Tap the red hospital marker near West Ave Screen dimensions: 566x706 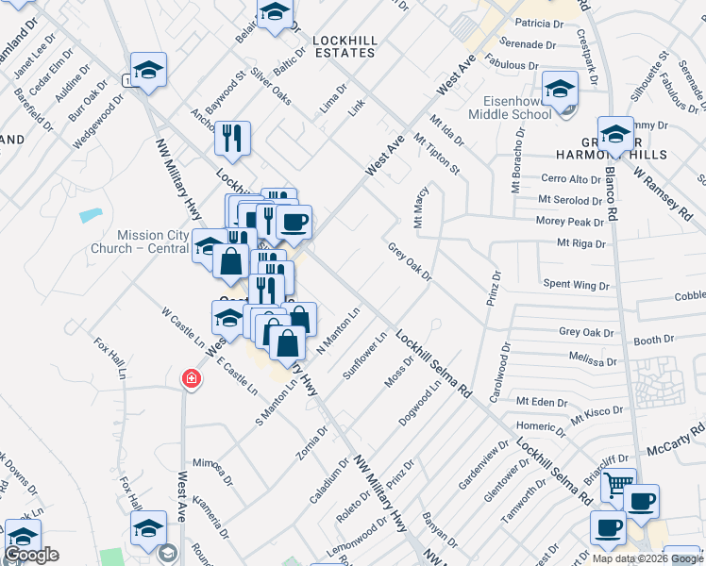pyautogui.click(x=192, y=379)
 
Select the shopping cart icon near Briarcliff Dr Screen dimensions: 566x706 pyautogui.click(x=618, y=484)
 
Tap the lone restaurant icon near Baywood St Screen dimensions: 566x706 pyautogui.click(x=231, y=138)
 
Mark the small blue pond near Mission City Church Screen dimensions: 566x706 pyautogui.click(x=92, y=214)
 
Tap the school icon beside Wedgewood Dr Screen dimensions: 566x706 pyautogui.click(x=148, y=71)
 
